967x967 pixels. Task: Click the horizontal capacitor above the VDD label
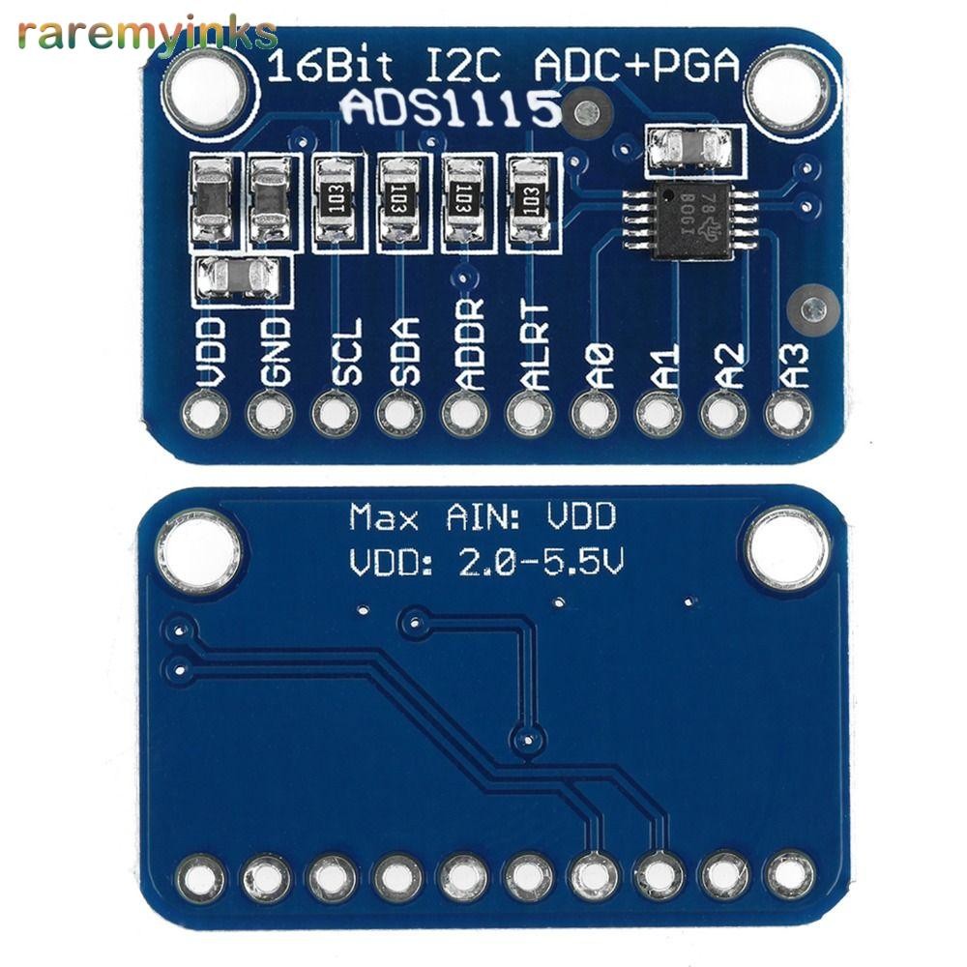pyautogui.click(x=241, y=279)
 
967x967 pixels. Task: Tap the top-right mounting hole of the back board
pyautogui.click(x=787, y=548)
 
